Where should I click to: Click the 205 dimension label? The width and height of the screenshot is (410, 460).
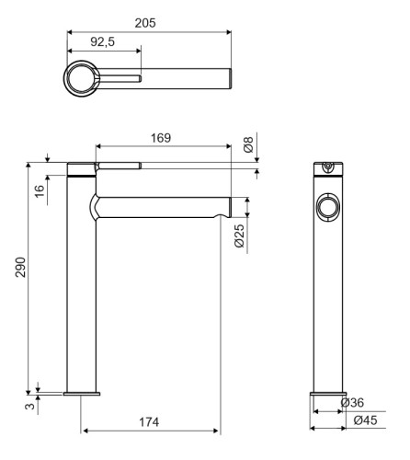click(x=145, y=23)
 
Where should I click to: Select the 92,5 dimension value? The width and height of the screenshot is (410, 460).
click(x=103, y=41)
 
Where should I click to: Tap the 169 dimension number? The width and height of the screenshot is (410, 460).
click(x=161, y=138)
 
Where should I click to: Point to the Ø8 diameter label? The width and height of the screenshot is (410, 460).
click(x=248, y=144)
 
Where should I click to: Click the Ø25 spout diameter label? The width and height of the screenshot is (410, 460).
click(x=240, y=236)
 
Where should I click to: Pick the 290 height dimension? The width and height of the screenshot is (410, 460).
click(x=20, y=267)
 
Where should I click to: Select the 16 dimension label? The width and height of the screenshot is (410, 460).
click(x=40, y=191)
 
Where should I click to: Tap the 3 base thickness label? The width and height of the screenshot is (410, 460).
click(x=29, y=407)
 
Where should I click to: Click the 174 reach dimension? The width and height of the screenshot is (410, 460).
click(x=149, y=422)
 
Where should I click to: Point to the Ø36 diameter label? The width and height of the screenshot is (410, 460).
click(x=352, y=402)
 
